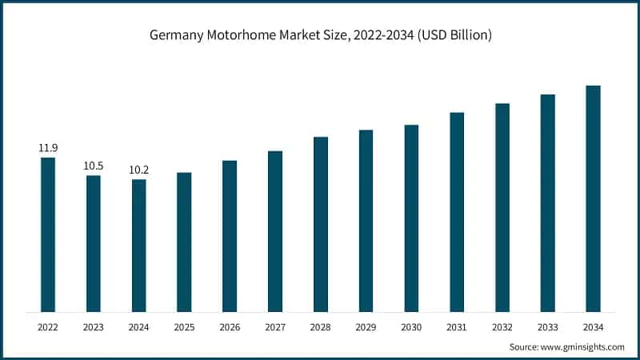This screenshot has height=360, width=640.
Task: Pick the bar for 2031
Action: point(457,212)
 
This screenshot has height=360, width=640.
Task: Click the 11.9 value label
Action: point(48,148)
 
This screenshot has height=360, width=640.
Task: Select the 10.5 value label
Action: point(94,166)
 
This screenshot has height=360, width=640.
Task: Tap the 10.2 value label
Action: point(138,170)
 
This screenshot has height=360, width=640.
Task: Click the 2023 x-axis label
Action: point(94,326)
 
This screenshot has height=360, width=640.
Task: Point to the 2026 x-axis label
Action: point(230,326)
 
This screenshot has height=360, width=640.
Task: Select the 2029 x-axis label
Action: point(366,326)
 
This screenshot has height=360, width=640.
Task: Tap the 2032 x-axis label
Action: point(502,326)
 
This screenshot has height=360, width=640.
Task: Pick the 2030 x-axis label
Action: point(411,326)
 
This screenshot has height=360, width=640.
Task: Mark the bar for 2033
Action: point(547,203)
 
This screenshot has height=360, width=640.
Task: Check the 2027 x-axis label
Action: point(275,326)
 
